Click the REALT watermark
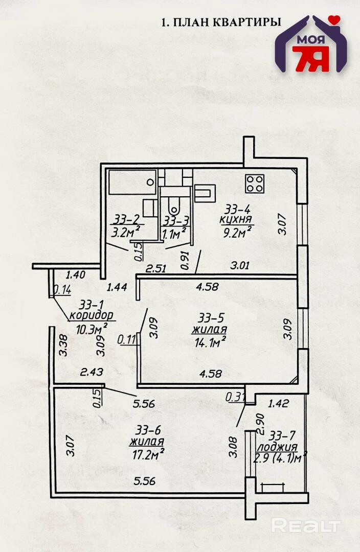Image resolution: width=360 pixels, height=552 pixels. [305, 525]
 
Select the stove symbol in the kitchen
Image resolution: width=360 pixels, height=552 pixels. [255, 183]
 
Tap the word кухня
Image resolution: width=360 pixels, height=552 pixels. [236, 220]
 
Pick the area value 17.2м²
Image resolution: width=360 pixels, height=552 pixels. [147, 453]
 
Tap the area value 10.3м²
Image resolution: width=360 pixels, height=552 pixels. [92, 327]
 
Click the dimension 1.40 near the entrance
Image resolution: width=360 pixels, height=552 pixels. [75, 274]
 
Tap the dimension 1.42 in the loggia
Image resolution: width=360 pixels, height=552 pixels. [279, 403]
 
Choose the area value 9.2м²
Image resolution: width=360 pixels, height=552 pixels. [237, 233]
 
